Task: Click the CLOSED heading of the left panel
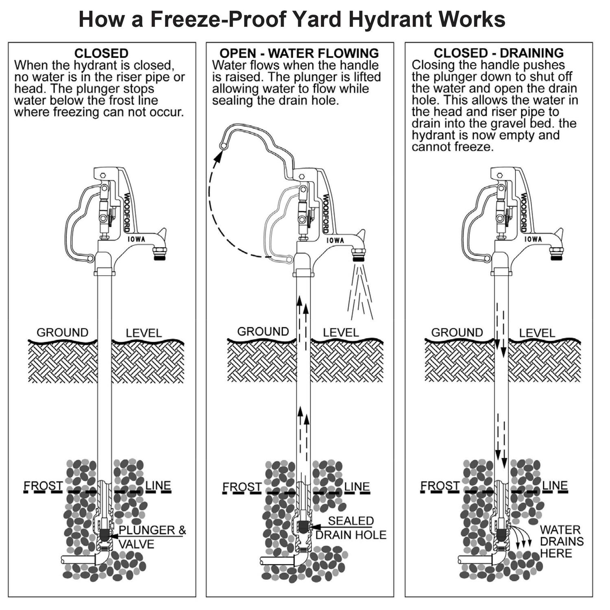coord(101,53)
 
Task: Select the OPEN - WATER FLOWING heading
coord(299,53)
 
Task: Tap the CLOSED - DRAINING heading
coord(499,53)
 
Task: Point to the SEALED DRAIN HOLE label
coord(351,527)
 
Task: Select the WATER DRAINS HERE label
coord(561,541)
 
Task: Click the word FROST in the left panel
coord(43,486)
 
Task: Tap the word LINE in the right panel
coord(555,486)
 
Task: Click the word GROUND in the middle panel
coord(263,331)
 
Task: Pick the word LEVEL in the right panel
coord(537,333)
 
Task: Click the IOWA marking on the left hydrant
coord(136,239)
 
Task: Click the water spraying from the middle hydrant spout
coord(360,291)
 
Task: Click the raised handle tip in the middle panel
coord(222,145)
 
